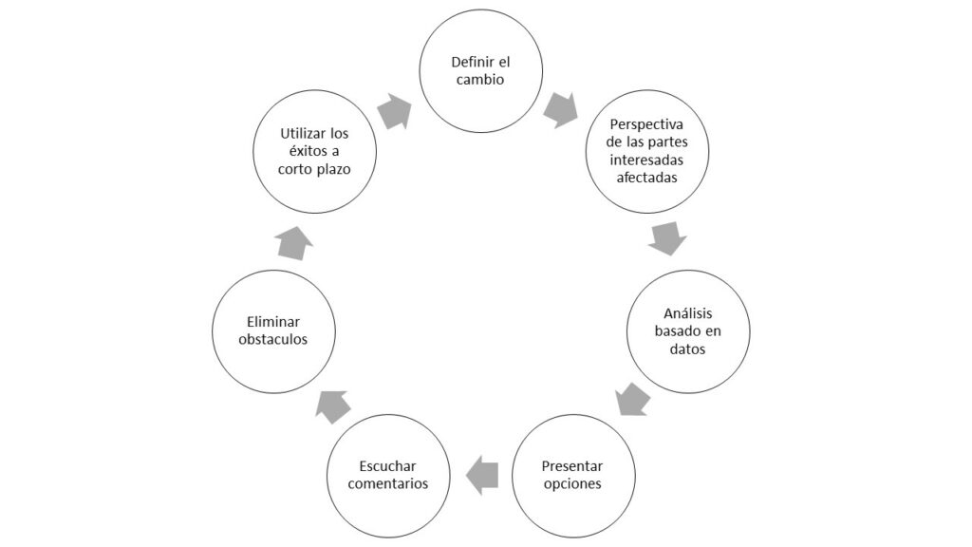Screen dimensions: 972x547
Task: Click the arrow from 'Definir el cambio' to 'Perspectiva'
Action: point(560,110)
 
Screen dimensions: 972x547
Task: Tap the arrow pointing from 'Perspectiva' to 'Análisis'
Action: point(667,238)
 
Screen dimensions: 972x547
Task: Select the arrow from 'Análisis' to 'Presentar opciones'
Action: point(633,399)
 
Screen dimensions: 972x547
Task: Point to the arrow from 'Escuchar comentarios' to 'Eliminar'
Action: point(333,406)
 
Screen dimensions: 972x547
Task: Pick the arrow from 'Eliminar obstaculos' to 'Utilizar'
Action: point(294,243)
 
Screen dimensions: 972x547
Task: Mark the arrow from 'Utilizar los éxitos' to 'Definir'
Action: point(394,112)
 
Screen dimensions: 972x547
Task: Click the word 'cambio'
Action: point(480,80)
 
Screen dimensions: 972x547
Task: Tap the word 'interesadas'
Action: point(646,160)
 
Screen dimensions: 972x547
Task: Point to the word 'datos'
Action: point(687,349)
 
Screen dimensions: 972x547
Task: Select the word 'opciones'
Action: point(572,484)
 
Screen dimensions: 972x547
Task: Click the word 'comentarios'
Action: point(388,483)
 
